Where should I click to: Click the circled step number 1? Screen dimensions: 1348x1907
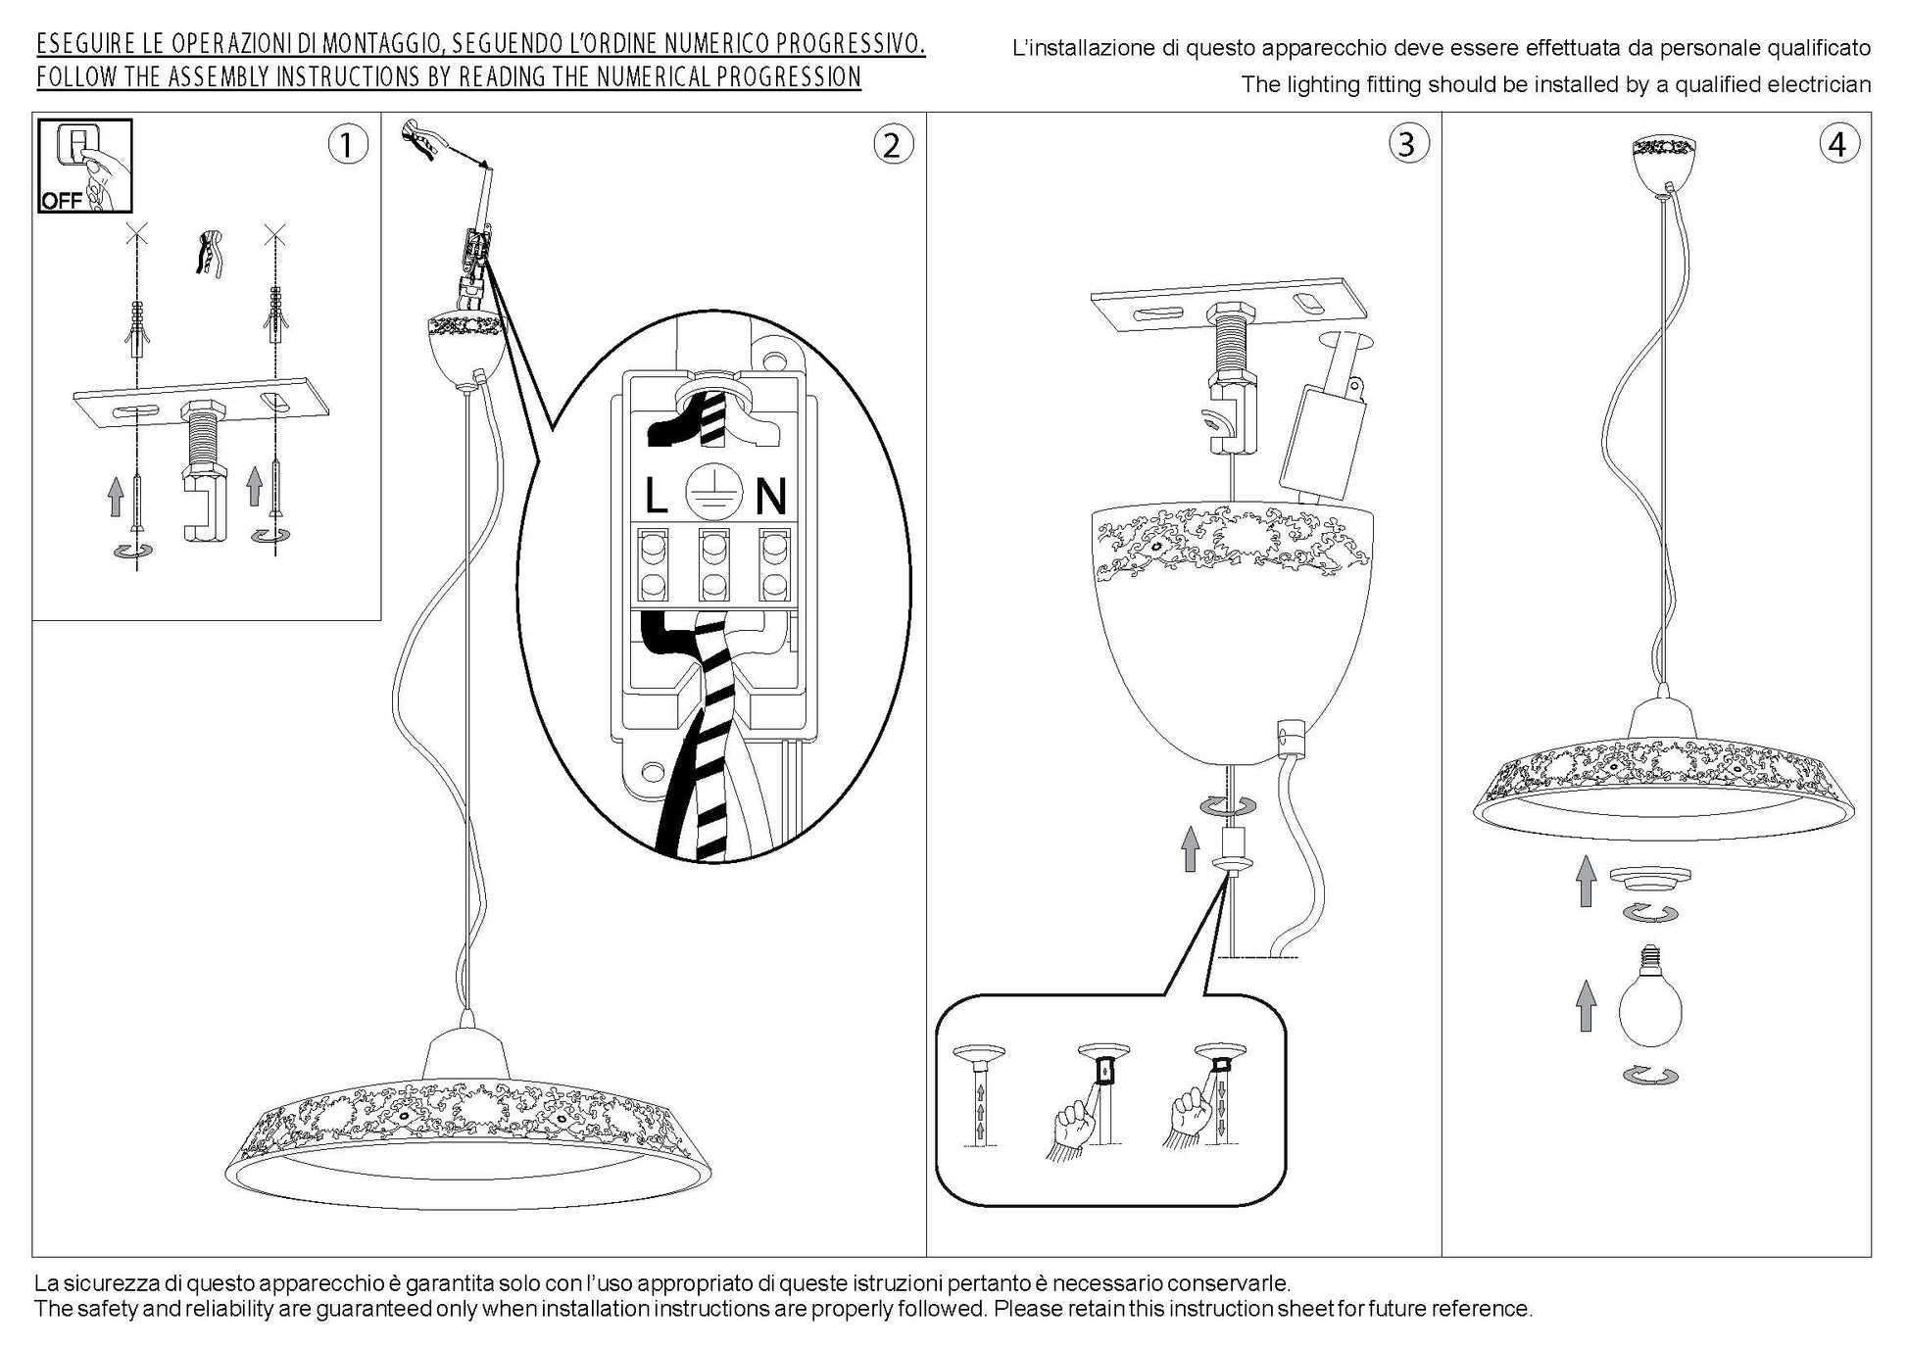click(x=346, y=145)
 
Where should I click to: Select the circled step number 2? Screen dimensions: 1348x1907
click(x=892, y=145)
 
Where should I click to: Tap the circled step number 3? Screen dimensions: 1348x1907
click(x=1407, y=145)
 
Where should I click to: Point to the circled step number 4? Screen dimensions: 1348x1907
click(x=1837, y=145)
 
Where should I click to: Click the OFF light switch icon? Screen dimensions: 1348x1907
click(x=84, y=166)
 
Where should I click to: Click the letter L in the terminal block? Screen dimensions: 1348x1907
click(x=656, y=497)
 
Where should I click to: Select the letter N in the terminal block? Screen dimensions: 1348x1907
click(x=770, y=497)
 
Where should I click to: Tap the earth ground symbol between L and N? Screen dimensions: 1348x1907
click(x=712, y=490)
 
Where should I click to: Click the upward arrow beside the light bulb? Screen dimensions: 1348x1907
click(x=1586, y=1007)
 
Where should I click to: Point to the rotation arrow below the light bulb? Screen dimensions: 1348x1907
click(x=1651, y=1076)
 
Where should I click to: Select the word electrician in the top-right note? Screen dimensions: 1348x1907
click(x=1819, y=85)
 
